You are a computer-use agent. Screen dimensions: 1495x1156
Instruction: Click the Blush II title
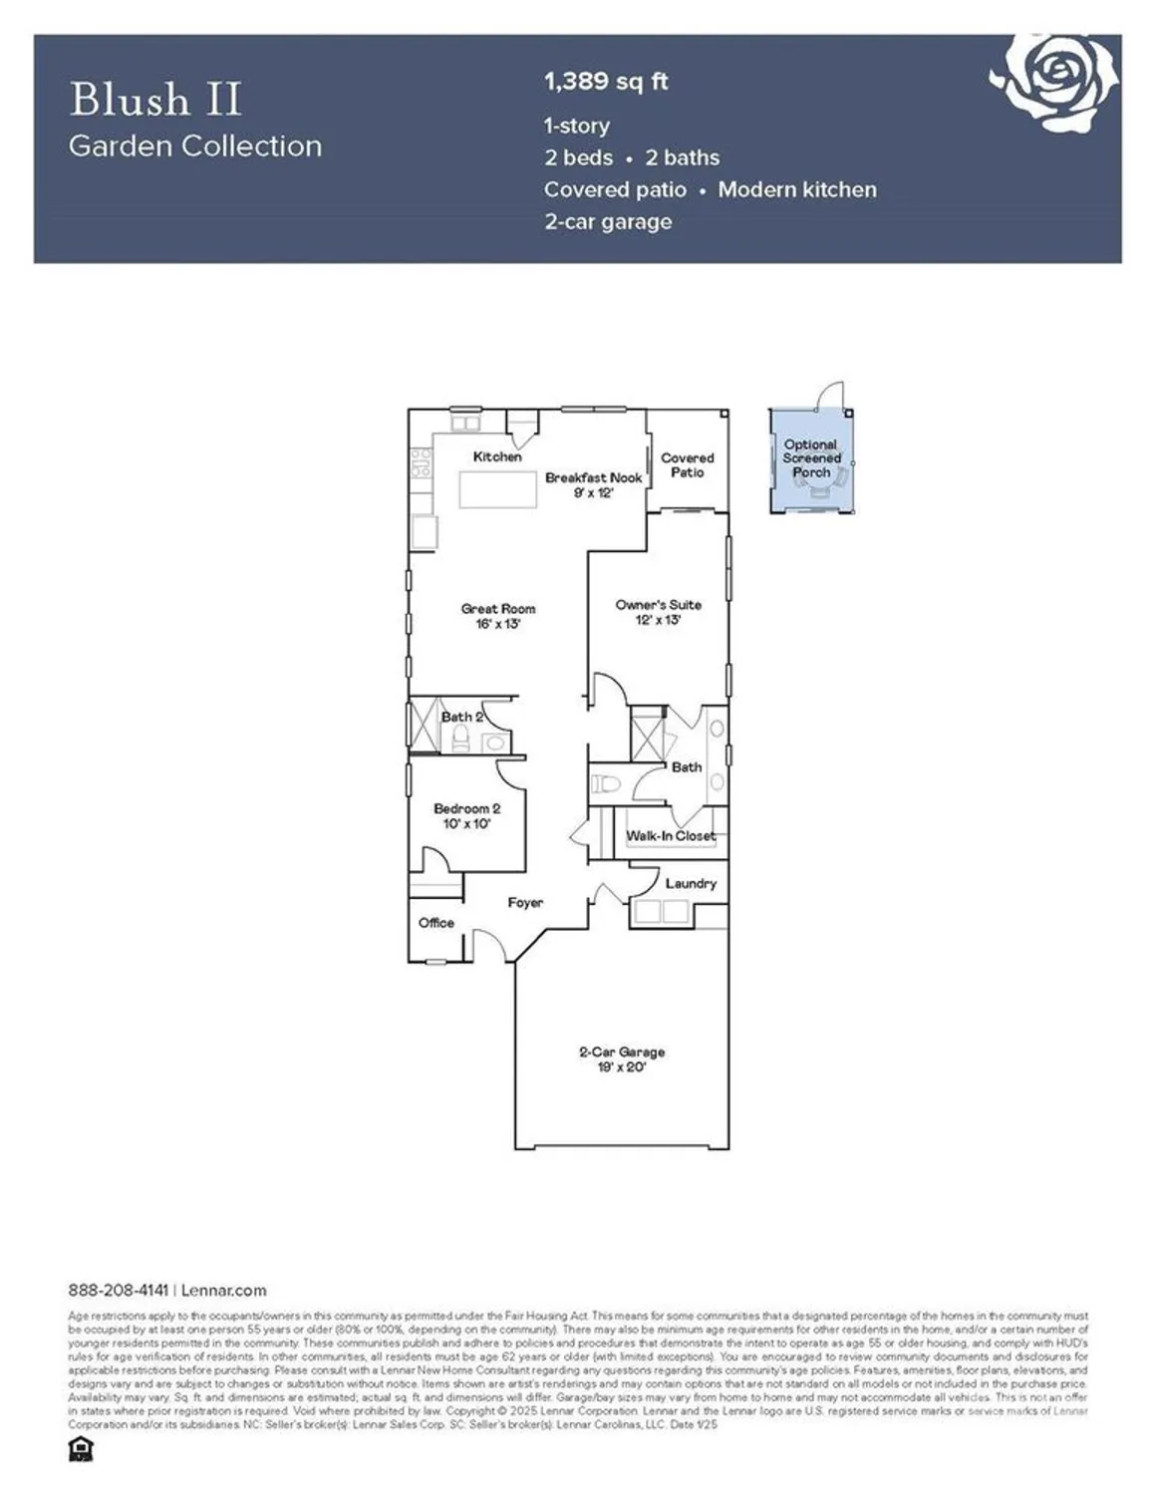coord(155,100)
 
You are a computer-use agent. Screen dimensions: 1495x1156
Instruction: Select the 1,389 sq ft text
coord(606,82)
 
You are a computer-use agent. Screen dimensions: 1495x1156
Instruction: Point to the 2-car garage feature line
coord(608,221)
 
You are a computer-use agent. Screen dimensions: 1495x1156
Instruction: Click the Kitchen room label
coord(497,456)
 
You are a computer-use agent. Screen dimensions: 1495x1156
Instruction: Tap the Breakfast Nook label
coord(593,477)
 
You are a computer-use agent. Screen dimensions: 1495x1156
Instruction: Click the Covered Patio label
coord(688,464)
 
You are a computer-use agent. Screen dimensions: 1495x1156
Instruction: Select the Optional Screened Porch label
coord(811,458)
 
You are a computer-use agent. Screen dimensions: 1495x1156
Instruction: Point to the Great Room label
coord(498,609)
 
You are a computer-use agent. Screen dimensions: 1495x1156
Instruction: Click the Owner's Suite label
coord(659,605)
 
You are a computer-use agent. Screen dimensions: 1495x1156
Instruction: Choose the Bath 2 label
coord(462,717)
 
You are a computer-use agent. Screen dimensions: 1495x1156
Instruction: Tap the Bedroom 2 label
coord(466,808)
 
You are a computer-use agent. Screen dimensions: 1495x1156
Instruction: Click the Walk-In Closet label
coord(671,835)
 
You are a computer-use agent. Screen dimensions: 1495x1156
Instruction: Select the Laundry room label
coord(691,883)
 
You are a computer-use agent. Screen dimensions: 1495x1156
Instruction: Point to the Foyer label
coord(525,902)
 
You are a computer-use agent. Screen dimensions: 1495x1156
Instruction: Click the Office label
coord(436,923)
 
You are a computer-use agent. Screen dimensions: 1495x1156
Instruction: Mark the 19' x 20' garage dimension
coord(622,1066)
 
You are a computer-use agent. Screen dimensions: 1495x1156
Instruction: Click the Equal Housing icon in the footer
coord(81,1449)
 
